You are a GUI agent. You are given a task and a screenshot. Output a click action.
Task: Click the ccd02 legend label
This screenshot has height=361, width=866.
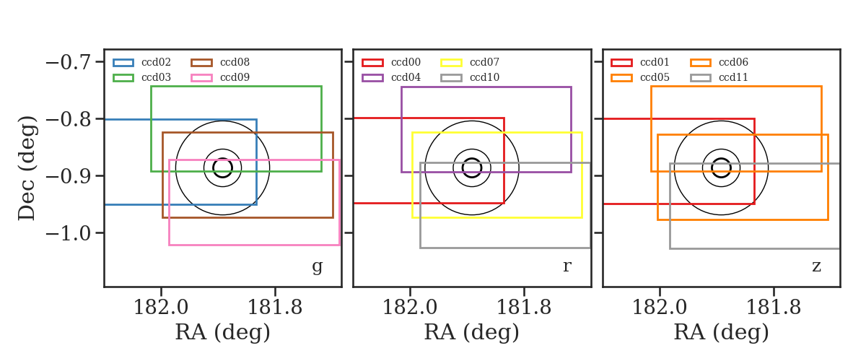coord(156,62)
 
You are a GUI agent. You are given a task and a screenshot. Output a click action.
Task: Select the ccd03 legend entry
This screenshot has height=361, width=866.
coord(142,78)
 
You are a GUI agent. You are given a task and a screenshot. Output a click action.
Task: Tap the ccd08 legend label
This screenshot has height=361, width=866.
coord(235,62)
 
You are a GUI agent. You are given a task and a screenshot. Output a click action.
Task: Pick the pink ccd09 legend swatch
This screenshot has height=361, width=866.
coord(201,78)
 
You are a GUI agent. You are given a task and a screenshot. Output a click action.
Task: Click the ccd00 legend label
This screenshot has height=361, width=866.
coord(406,62)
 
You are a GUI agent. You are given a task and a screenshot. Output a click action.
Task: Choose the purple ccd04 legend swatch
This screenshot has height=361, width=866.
coord(372,78)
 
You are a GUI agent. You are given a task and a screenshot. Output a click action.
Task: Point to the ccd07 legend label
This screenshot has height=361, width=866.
coord(484,62)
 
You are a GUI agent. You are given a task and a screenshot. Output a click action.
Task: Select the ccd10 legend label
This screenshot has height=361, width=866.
coord(484,77)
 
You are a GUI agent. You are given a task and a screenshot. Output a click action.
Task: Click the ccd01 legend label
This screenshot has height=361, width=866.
coord(655,62)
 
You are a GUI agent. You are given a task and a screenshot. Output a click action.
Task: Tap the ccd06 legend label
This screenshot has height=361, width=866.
coord(733,62)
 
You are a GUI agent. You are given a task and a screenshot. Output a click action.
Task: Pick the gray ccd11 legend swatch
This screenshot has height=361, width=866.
coord(701,78)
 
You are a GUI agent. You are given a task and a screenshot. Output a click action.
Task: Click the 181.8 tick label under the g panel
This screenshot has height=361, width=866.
coord(274,308)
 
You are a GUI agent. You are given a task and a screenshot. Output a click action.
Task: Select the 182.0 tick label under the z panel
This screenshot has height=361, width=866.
coord(660,308)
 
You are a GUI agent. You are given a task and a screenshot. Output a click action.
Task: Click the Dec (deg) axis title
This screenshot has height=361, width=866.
coord(27,168)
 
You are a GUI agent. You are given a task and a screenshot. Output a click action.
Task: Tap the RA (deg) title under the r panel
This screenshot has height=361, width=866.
coord(472,333)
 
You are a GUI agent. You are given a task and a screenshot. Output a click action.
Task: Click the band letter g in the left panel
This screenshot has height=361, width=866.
coord(318,267)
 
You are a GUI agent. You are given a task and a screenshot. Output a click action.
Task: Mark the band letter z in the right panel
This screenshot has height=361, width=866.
coord(816,266)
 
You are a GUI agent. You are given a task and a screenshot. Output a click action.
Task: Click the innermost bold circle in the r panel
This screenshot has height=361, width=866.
coord(472,159)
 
